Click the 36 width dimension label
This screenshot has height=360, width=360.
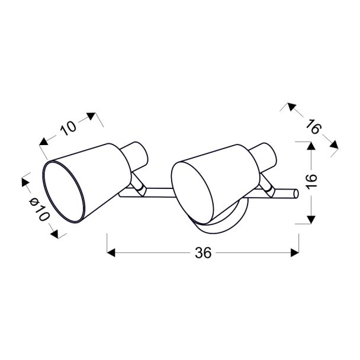coord(203,253)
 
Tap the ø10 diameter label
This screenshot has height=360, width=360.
coord(39,210)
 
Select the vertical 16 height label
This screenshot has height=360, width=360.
coord(311,181)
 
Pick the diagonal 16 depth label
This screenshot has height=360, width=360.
coord(313,126)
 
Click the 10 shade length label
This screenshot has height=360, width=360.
coord(68,128)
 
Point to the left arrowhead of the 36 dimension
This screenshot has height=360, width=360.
coord(111,253)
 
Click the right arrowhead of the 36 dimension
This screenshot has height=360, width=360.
coord(295,253)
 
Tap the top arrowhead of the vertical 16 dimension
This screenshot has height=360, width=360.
coord(311,146)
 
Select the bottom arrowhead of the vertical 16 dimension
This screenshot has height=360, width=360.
coord(311,220)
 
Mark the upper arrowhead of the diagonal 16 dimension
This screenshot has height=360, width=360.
coord(291,107)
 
